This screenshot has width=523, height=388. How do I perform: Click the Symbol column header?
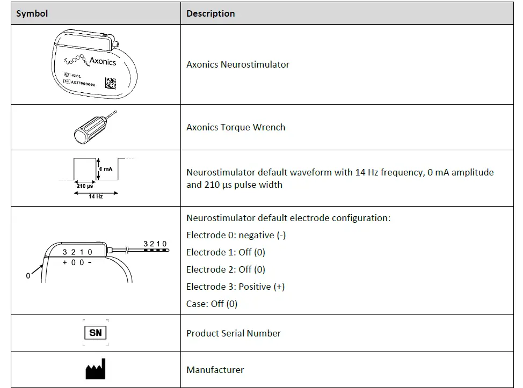pos(32,13)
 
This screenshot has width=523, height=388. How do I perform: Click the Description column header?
pos(210,13)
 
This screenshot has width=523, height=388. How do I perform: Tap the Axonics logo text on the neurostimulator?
pos(102,61)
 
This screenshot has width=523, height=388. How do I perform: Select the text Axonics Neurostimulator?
pos(237,64)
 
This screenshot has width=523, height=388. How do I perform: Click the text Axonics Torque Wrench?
pos(235,127)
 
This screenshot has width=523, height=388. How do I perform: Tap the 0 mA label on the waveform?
pos(105,169)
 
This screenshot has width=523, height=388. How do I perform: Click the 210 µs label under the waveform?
pos(85,186)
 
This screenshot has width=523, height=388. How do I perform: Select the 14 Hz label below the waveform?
pos(96,197)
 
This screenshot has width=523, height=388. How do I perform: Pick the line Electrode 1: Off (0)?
pos(226,252)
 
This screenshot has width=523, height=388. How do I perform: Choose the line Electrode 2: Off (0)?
pos(226,269)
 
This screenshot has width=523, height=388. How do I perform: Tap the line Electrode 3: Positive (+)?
pos(235,287)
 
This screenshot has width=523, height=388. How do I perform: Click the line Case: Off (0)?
pos(212,304)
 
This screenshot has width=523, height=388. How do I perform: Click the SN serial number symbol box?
pos(95,333)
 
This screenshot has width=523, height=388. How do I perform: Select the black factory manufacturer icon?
pos(95,369)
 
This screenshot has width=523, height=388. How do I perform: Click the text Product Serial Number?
pos(233,333)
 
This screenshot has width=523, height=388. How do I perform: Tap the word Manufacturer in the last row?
pos(215,370)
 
